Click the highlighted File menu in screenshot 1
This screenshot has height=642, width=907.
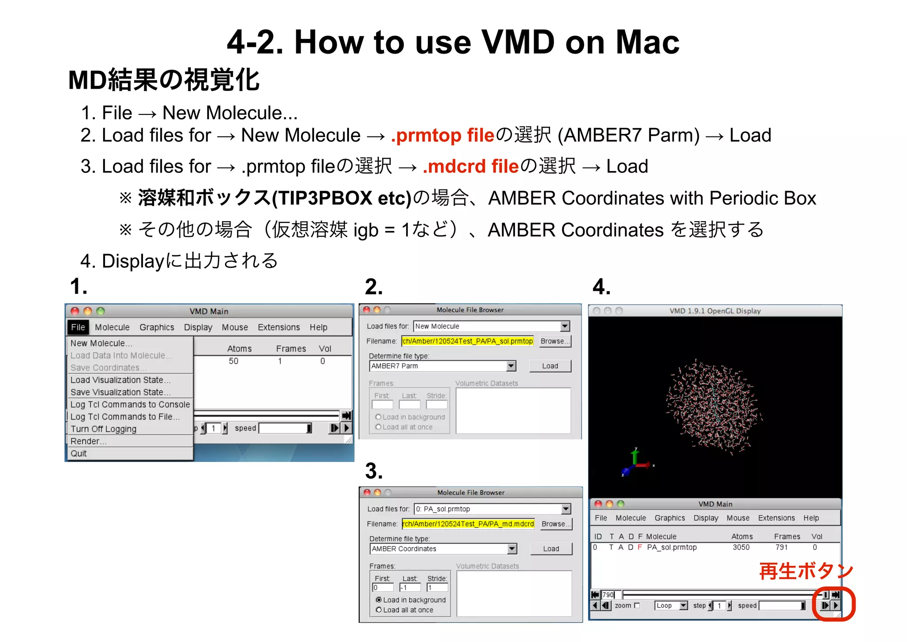(x=78, y=327)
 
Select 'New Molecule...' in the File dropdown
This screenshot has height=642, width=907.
(x=101, y=343)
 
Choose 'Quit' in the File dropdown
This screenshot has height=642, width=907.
(x=79, y=454)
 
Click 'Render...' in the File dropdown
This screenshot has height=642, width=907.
(x=88, y=441)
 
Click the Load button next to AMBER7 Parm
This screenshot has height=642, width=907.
(x=550, y=366)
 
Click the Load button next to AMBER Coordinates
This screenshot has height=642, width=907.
(x=551, y=548)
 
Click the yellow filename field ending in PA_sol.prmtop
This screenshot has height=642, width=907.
(x=467, y=341)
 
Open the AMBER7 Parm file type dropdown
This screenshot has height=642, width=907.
(x=511, y=366)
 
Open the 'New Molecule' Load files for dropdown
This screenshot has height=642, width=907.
(x=565, y=326)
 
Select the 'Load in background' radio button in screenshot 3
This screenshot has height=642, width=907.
(x=379, y=600)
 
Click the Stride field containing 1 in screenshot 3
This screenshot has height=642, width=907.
(x=437, y=587)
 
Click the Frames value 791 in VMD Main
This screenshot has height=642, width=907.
(x=782, y=547)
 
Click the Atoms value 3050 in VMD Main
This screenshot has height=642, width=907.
(x=741, y=547)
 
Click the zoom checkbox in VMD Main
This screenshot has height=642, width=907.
(x=637, y=606)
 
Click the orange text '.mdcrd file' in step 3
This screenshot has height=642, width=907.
(x=470, y=167)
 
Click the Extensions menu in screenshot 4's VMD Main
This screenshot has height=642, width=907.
(x=776, y=518)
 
